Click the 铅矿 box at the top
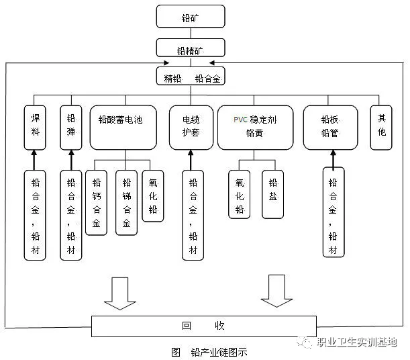coord(191,16)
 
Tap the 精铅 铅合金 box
coord(191,78)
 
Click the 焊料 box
coord(36,126)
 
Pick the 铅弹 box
coord(71,126)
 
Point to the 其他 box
coord(381,126)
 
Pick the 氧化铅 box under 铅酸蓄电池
coord(152,194)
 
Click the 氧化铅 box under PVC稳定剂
coord(240,194)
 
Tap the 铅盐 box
coord(272,194)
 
